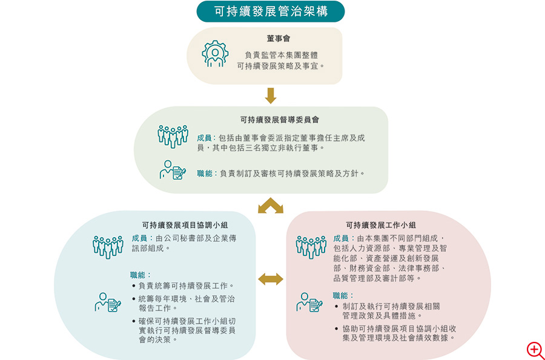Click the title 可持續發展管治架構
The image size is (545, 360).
tap(271, 11)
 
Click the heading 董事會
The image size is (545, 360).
tap(278, 38)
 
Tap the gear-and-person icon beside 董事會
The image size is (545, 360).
tap(215, 53)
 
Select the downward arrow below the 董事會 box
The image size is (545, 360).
tap(271, 96)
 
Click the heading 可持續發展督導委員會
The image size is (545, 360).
tap(279, 120)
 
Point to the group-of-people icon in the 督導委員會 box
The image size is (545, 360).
tap(173, 136)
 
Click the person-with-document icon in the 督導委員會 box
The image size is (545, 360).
tap(173, 170)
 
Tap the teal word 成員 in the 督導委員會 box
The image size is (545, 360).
tap(205, 138)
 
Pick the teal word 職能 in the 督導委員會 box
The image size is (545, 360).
tap(205, 173)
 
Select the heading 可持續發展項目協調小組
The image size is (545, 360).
tap(185, 225)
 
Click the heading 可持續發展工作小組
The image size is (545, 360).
tap(381, 225)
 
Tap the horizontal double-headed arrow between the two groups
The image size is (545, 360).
tap(271, 279)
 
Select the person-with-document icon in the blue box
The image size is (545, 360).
tap(108, 303)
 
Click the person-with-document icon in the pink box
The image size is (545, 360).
tap(309, 303)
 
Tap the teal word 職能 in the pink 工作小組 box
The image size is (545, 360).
tap(340, 295)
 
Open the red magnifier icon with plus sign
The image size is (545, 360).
tap(535, 350)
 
